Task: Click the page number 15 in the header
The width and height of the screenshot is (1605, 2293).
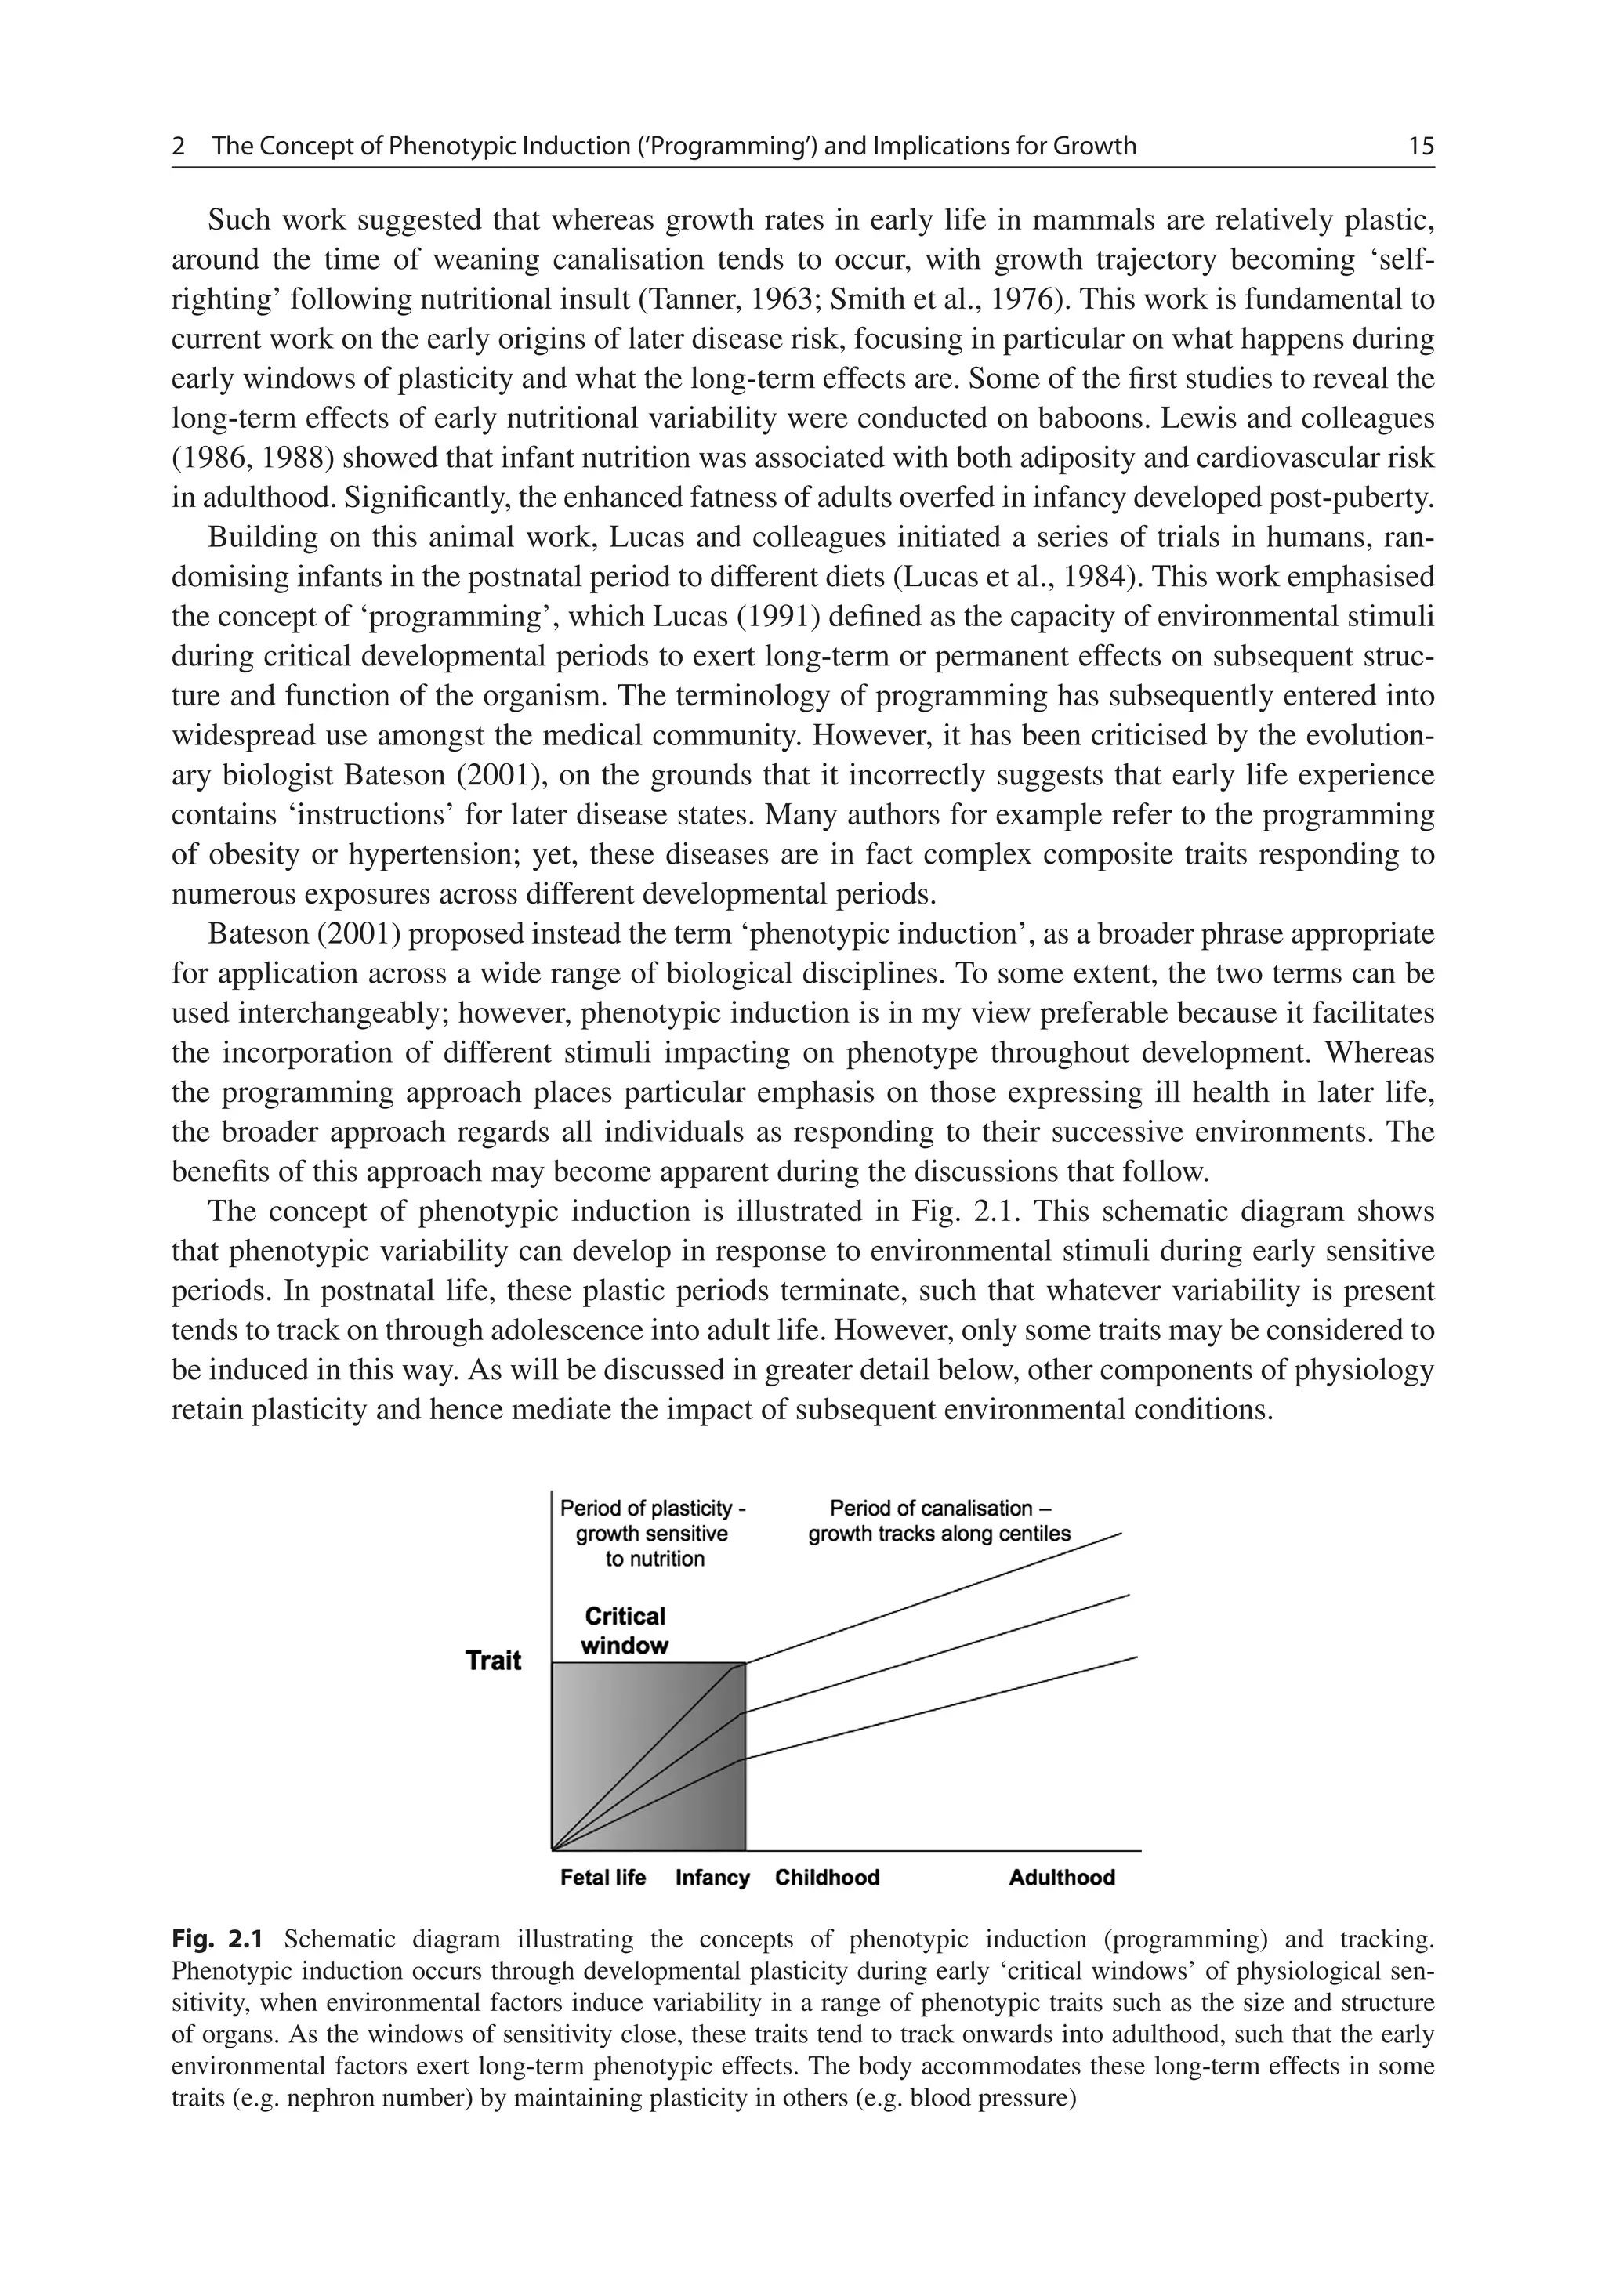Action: pos(1420,147)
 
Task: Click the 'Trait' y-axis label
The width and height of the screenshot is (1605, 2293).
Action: pos(494,1661)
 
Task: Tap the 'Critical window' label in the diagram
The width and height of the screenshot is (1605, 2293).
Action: pos(625,1631)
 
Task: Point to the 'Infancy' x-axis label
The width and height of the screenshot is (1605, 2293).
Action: pos(712,1878)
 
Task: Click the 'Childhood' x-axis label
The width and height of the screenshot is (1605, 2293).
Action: pos(827,1878)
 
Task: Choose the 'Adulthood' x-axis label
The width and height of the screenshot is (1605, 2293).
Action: pos(1062,1878)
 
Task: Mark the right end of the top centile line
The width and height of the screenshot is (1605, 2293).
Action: pos(1121,1533)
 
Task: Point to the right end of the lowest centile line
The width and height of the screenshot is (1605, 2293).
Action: pos(1136,1657)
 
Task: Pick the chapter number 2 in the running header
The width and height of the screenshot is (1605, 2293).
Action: pos(179,147)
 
